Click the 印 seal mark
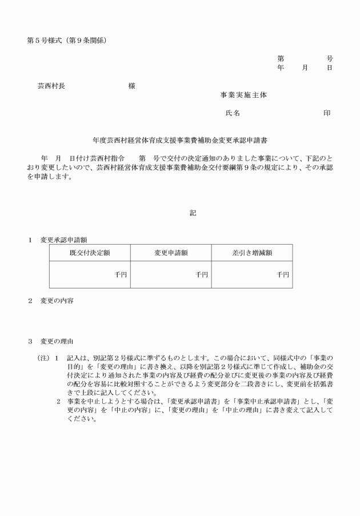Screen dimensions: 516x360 pos(327,113)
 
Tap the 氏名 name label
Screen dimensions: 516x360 pos(233,113)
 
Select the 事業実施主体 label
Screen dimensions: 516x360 pos(243,95)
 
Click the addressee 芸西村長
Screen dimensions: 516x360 pos(51,86)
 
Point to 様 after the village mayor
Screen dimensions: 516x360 pos(132,86)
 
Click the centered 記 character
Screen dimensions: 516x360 pos(193,213)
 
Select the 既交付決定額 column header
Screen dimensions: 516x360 pos(90,253)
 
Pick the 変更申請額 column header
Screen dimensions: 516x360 pos(171,253)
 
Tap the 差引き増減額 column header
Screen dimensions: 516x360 pos(252,253)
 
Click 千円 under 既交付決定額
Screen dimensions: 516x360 pos(121,275)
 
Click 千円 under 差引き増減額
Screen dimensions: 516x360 pos(283,275)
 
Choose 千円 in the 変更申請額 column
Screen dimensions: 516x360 pos(202,275)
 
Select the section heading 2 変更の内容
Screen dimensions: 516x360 pos(51,301)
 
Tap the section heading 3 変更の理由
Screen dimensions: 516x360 pos(51,342)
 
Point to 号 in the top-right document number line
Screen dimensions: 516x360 pos(330,59)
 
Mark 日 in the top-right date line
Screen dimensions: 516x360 pos(330,67)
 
